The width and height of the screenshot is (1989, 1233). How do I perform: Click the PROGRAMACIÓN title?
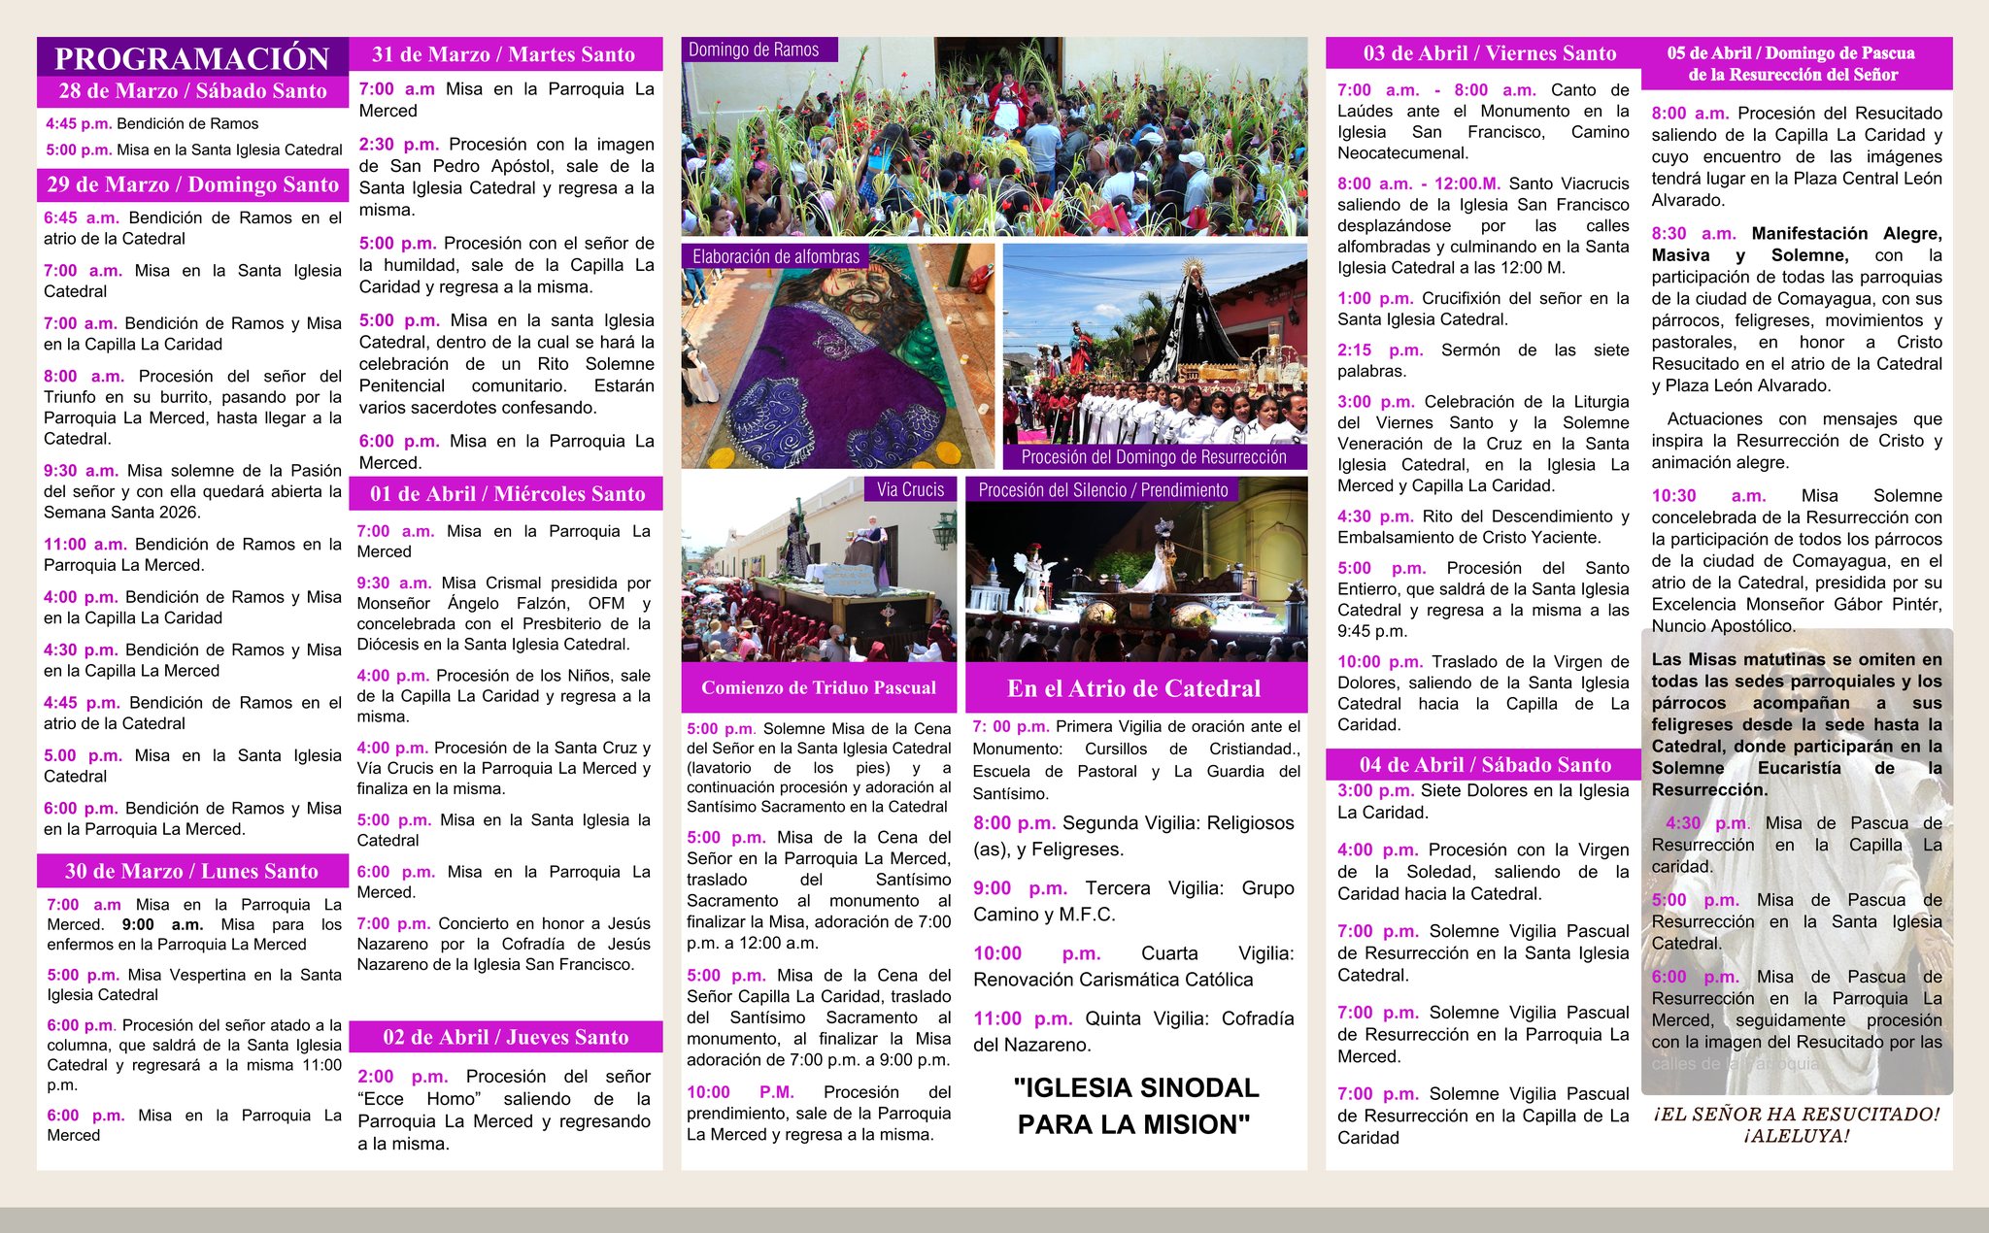192,58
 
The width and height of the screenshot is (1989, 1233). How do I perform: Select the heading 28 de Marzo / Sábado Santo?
192,91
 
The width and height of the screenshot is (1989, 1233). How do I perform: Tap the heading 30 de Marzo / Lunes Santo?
191,871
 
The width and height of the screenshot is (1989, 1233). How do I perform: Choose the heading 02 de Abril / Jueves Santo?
505,1037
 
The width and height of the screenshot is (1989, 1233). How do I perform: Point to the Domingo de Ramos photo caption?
754,50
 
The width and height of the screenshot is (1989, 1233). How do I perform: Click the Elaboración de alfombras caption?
776,256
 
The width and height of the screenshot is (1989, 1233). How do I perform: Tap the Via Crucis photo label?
910,489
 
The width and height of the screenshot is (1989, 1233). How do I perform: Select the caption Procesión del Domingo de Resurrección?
1154,456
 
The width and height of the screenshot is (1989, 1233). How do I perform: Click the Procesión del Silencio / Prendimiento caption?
1103,490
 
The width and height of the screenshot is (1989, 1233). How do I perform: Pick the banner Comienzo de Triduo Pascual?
819,687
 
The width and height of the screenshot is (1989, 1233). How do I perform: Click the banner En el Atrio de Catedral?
1133,688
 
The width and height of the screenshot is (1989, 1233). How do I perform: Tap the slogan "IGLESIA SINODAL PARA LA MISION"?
1134,1106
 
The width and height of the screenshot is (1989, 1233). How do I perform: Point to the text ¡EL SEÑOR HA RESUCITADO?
1797,1115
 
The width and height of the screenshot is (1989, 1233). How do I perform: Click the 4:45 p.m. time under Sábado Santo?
79,123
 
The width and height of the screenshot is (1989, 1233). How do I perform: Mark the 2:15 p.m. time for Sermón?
1379,350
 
